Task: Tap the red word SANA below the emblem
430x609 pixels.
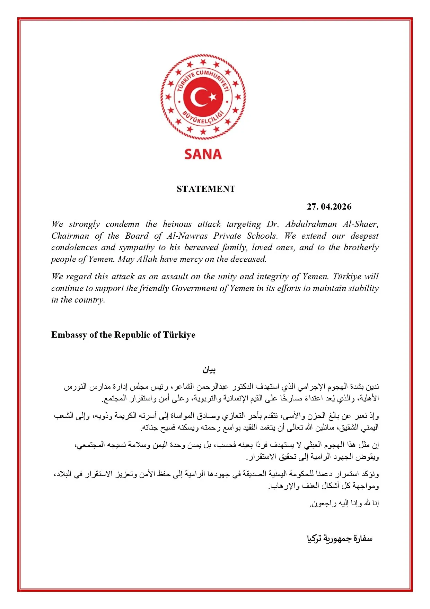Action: (203, 154)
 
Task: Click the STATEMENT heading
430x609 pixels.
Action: (206, 189)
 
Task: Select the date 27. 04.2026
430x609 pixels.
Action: (329, 207)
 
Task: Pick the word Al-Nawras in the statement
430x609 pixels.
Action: (187, 236)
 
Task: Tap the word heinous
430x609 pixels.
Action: (177, 224)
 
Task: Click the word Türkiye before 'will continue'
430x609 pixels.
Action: (347, 277)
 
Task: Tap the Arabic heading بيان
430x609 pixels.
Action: (209, 370)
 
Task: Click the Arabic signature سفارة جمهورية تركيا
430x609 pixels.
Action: (340, 539)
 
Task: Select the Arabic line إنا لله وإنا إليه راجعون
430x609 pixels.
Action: (344, 504)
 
